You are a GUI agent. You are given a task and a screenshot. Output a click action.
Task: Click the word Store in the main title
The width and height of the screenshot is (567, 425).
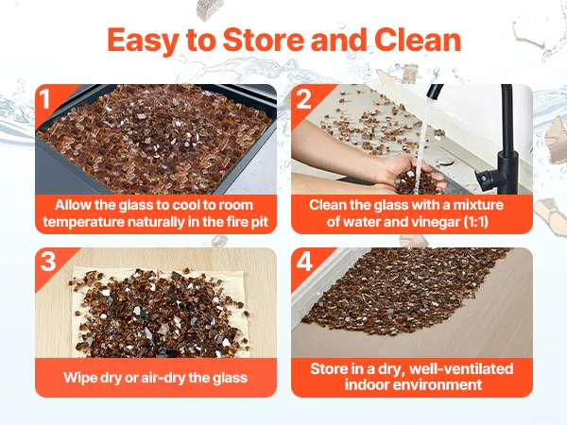[x=264, y=40]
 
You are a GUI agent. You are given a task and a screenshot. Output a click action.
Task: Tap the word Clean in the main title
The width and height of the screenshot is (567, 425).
[x=418, y=40]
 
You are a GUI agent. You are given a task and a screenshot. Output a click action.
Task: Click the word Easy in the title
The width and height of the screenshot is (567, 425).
[x=142, y=42]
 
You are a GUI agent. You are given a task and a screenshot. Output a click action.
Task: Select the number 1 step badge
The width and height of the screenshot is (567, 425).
[x=44, y=98]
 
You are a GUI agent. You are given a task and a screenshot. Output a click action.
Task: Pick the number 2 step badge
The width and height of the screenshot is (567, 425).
[x=303, y=98]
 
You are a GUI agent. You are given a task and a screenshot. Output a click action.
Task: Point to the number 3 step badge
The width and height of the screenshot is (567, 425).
[x=48, y=261]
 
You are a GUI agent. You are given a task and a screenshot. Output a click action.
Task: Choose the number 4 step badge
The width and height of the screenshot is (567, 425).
[x=304, y=262]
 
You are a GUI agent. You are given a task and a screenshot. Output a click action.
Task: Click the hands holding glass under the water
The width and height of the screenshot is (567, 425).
[x=408, y=174]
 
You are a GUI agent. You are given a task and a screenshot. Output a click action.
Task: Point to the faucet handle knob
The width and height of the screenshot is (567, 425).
[x=484, y=178]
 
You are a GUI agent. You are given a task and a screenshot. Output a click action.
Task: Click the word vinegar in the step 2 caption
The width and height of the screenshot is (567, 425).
[x=432, y=222]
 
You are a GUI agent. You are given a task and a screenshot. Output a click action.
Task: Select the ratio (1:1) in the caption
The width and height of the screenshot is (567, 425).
[x=476, y=222]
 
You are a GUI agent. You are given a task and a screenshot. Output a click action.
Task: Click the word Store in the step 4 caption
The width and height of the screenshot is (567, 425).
[x=328, y=368]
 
